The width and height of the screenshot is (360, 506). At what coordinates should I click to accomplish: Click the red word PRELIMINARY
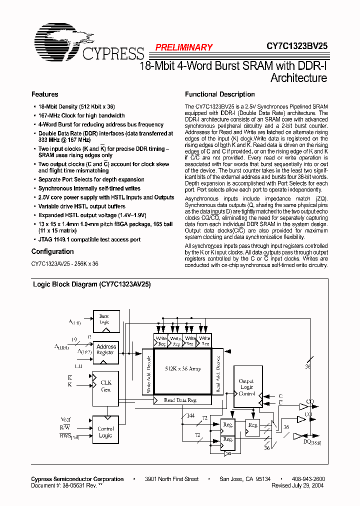(183, 47)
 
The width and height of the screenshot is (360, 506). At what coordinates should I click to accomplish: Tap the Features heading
(44, 94)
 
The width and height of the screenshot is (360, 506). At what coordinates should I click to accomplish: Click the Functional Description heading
(219, 94)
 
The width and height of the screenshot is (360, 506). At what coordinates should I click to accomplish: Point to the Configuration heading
(52, 252)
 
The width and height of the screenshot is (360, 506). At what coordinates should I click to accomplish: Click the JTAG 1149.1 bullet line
(89, 240)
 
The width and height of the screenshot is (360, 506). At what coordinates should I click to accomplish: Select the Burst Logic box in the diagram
(104, 319)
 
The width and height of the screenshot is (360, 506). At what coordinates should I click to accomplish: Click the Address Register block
(106, 349)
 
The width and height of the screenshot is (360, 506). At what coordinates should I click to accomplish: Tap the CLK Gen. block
(106, 385)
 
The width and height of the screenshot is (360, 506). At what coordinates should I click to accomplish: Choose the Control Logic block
(105, 432)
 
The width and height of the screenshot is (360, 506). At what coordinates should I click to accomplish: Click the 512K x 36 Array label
(183, 369)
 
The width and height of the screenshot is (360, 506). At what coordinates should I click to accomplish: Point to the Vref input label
(65, 419)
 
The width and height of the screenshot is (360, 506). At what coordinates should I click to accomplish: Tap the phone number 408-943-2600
(308, 479)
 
